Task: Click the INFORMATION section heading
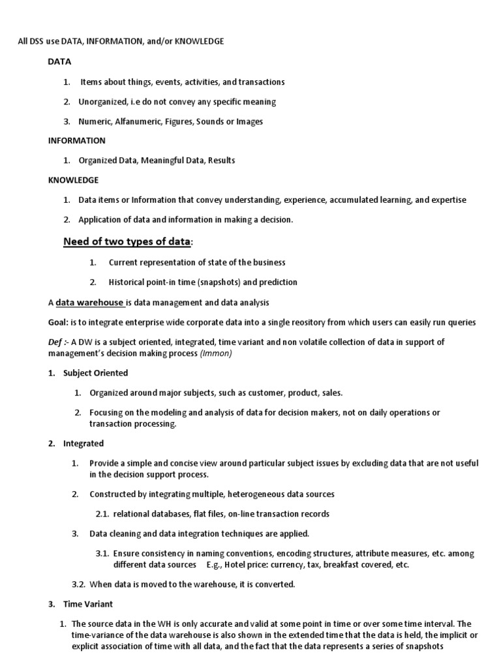[76, 140]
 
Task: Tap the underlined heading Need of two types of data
[127, 242]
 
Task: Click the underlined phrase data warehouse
[89, 303]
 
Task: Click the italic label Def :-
[58, 342]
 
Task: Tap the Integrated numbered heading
[83, 444]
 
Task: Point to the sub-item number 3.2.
[78, 584]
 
